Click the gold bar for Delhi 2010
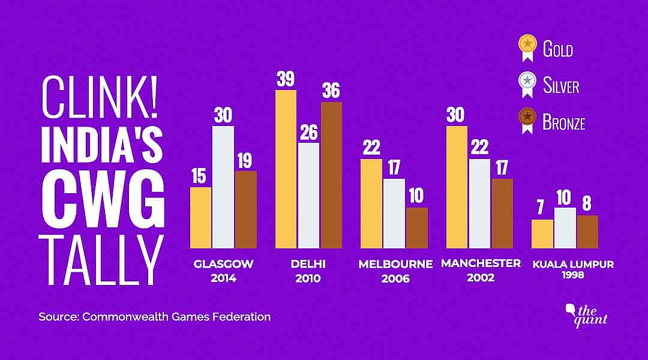click(x=286, y=169)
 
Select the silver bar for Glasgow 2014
click(x=223, y=187)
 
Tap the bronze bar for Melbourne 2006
click(x=417, y=228)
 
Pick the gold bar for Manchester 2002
click(x=457, y=187)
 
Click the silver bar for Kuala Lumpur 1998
click(x=565, y=228)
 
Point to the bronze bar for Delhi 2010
click(x=331, y=175)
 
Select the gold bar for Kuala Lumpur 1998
click(x=542, y=234)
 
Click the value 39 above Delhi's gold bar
click(x=286, y=79)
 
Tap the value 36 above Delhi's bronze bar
click(x=331, y=91)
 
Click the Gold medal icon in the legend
click(x=527, y=47)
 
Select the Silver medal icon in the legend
click(x=527, y=85)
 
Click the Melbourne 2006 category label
click(x=395, y=271)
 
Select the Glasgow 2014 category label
click(x=223, y=271)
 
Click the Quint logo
click(x=587, y=314)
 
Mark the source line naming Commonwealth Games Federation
click(x=155, y=316)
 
